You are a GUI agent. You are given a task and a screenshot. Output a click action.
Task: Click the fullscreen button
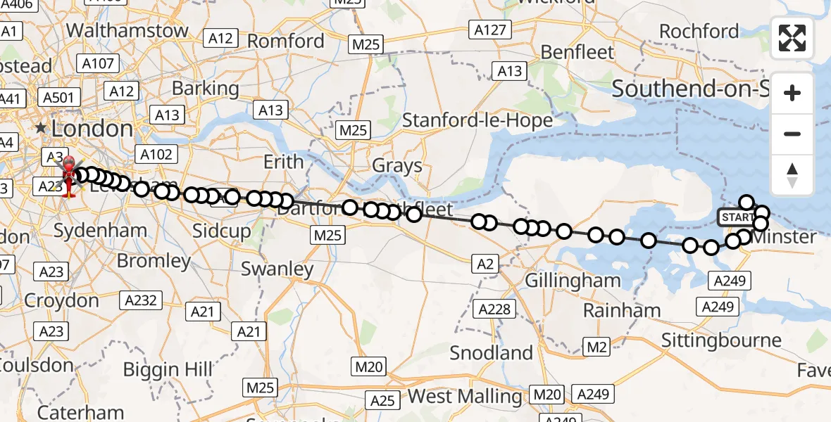coord(792,38)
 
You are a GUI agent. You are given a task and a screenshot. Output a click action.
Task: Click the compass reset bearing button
coord(792,175)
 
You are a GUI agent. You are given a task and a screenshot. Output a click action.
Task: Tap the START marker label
coord(736,217)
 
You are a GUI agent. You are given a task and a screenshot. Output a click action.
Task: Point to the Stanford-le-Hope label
coord(477,120)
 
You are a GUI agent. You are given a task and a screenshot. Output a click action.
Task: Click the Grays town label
coord(397,166)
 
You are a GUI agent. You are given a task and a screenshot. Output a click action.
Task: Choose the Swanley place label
coord(277,269)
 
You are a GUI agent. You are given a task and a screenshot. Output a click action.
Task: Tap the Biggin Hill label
coord(168,369)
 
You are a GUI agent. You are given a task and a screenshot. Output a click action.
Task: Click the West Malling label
coord(465,396)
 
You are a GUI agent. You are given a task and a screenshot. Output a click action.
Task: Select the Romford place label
coord(286,41)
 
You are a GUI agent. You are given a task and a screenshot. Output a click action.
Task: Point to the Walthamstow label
coord(127,30)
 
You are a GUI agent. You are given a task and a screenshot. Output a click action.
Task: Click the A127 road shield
coord(489,30)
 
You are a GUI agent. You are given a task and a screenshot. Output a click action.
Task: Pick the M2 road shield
coord(596,346)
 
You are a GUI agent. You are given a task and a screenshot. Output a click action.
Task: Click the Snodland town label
coord(492,352)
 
